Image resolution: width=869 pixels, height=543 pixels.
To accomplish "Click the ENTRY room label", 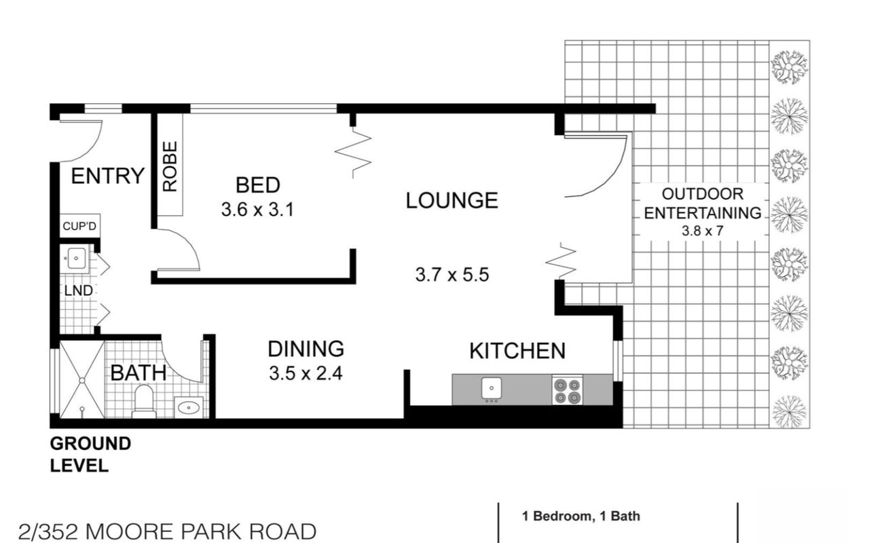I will pyautogui.click(x=108, y=176).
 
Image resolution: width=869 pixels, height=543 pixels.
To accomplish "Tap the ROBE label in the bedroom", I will pyautogui.click(x=170, y=166).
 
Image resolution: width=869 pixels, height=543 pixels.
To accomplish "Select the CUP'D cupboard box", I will pyautogui.click(x=79, y=226).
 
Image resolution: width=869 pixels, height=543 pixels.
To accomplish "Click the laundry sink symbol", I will pyautogui.click(x=75, y=258).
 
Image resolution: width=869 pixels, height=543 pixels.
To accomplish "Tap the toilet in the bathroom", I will pyautogui.click(x=143, y=402).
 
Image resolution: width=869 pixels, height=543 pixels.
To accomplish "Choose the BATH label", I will pyautogui.click(x=138, y=373).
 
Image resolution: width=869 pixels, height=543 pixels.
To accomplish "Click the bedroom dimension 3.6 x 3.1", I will pyautogui.click(x=257, y=210).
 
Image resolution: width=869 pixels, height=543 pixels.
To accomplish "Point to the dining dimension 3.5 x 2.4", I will pyautogui.click(x=305, y=374).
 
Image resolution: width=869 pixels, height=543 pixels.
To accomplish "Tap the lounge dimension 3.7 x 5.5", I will pyautogui.click(x=452, y=276).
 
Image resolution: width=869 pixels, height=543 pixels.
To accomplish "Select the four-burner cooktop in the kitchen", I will pyautogui.click(x=568, y=390).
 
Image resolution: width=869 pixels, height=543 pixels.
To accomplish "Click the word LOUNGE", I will pyautogui.click(x=452, y=200).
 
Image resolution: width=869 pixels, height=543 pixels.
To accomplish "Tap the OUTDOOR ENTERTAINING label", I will pyautogui.click(x=703, y=204).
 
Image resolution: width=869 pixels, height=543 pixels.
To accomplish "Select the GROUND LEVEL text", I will pyautogui.click(x=90, y=455).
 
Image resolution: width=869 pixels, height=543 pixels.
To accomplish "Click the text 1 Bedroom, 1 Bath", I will pyautogui.click(x=580, y=517).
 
